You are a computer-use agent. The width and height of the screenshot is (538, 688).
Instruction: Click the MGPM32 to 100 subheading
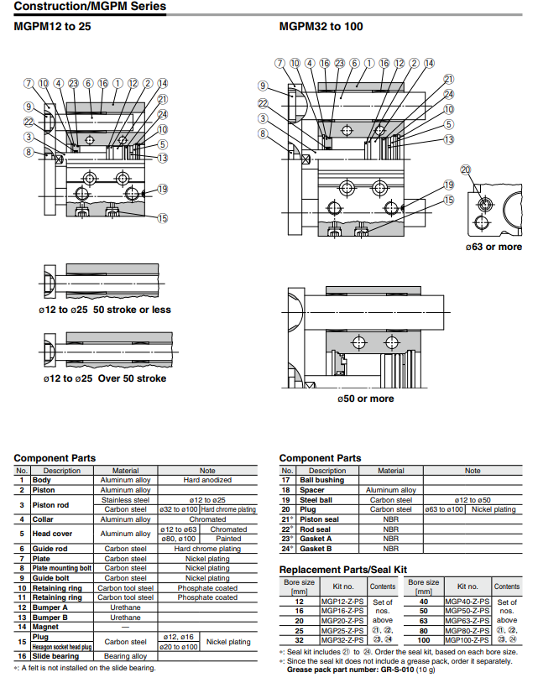tap(321, 27)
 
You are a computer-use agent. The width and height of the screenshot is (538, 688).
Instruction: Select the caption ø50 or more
tap(365, 399)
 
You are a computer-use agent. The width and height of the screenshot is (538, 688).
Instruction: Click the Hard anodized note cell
tap(207, 480)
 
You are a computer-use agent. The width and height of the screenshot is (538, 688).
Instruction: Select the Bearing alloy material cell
tap(125, 656)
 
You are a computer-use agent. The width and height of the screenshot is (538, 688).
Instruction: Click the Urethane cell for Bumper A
tap(125, 607)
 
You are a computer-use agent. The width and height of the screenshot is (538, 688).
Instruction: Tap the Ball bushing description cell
tap(322, 480)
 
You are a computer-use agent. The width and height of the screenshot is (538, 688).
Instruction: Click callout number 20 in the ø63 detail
tap(466, 169)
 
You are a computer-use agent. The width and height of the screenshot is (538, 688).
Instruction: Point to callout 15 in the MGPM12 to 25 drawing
tap(162, 219)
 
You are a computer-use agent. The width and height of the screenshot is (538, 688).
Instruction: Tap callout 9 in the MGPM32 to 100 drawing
tap(263, 86)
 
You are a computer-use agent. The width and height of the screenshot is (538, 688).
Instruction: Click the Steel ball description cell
tap(318, 499)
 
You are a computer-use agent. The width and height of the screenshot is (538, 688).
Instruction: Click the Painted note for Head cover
tap(228, 539)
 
